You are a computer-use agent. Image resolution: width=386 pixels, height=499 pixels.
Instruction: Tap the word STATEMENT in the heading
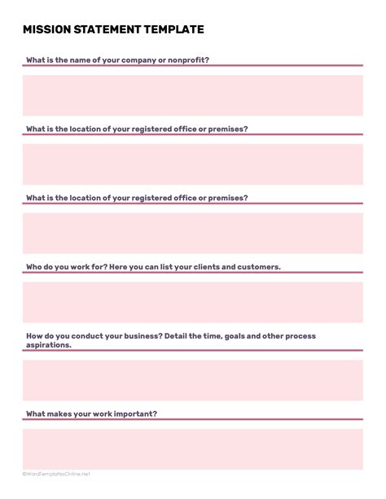point(108,30)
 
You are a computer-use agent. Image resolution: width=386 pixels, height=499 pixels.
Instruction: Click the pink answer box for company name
point(193,95)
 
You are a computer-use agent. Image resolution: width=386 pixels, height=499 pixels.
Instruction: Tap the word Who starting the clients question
point(34,266)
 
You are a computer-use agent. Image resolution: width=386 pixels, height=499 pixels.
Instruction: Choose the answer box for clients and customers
point(193,302)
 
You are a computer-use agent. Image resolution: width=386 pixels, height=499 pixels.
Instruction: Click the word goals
point(224,335)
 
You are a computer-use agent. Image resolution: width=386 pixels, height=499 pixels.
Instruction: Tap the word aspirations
point(48,344)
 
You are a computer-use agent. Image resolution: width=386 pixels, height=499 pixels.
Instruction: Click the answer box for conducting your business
point(193,380)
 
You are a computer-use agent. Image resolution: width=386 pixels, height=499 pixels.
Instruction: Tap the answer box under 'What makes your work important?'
point(193,449)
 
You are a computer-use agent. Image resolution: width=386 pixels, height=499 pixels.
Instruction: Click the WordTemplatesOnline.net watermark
point(57,474)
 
